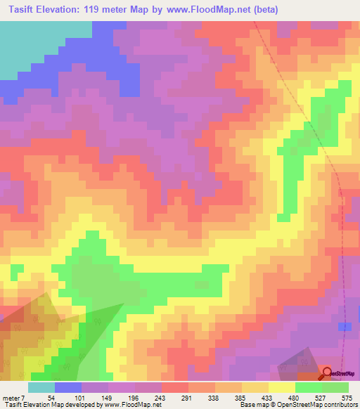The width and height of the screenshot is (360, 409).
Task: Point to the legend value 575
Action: (x=346, y=397)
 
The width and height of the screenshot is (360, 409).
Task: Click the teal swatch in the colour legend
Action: (x=41, y=387)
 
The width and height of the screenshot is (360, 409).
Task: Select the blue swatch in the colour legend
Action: (x=68, y=387)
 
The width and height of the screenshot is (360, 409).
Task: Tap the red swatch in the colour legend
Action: (x=174, y=387)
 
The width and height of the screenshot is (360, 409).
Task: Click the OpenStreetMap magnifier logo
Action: (x=328, y=372)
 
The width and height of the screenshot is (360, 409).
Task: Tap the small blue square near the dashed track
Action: (x=345, y=327)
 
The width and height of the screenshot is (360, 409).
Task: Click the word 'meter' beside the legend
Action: (x=11, y=397)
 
